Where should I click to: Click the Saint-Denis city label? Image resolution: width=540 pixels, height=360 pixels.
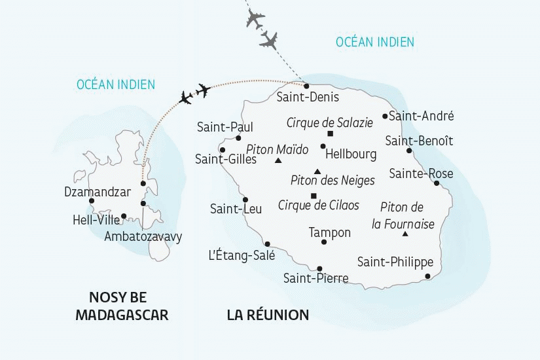pyautogui.click(x=308, y=98)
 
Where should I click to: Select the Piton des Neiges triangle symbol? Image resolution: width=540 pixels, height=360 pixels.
pyautogui.click(x=317, y=171)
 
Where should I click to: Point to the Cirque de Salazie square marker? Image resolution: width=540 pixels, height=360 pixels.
pyautogui.click(x=330, y=134)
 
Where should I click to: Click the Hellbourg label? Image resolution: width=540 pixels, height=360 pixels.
pyautogui.click(x=351, y=154)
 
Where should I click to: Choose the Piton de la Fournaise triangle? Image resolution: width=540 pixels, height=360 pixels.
pyautogui.click(x=405, y=234)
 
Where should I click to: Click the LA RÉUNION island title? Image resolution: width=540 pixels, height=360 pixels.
pyautogui.click(x=268, y=315)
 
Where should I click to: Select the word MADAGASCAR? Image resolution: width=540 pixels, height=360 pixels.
pyautogui.click(x=122, y=315)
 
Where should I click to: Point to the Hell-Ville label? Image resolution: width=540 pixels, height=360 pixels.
pyautogui.click(x=96, y=221)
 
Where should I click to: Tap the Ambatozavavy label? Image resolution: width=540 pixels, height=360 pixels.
pyautogui.click(x=143, y=236)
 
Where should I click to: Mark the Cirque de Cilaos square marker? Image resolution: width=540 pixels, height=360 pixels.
pyautogui.click(x=314, y=196)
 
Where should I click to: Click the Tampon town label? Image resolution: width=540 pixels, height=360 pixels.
pyautogui.click(x=329, y=232)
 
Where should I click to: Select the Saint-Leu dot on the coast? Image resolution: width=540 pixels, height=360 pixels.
pyautogui.click(x=245, y=200)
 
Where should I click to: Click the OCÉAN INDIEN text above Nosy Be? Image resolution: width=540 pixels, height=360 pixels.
pyautogui.click(x=116, y=84)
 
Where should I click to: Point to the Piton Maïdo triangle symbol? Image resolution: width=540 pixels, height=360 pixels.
pyautogui.click(x=278, y=160)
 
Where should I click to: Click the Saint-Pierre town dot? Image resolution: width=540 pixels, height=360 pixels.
pyautogui.click(x=319, y=268)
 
